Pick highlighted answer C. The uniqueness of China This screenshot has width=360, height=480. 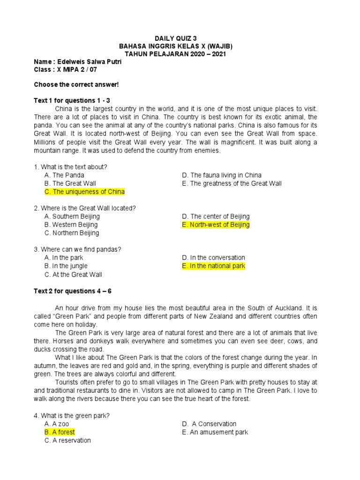coord(84,192)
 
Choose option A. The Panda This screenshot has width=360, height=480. coord(64,175)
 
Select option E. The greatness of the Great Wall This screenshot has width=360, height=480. coord(232,183)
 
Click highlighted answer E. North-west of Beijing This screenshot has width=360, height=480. coord(216,225)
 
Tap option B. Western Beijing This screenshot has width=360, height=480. coord(71,225)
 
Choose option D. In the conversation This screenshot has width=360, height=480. coord(213,257)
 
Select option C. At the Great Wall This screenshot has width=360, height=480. coord(73,274)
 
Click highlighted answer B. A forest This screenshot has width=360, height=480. coord(60,432)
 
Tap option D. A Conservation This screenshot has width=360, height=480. coord(210,424)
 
